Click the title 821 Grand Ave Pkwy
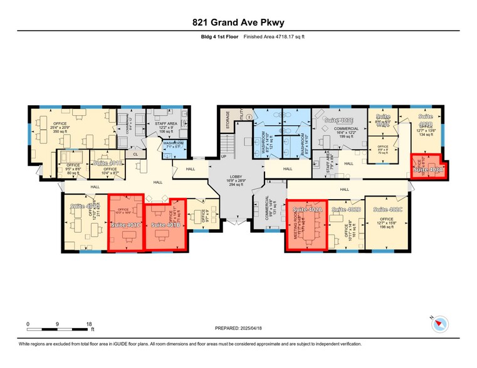238,23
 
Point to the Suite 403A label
427,168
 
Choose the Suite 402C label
387,209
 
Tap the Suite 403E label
338,119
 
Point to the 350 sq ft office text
59,132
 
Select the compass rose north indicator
441,324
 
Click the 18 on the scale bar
89,324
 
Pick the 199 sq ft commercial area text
338,135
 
